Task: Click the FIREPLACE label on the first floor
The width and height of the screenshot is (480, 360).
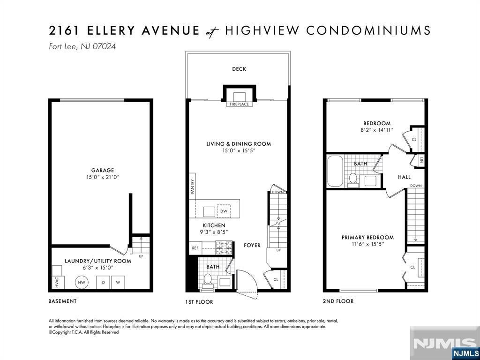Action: click(x=240, y=104)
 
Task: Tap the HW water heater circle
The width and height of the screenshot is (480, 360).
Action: click(x=82, y=282)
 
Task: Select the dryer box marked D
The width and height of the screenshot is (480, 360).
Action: click(x=104, y=282)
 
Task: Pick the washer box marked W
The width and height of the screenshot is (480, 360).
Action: click(x=118, y=282)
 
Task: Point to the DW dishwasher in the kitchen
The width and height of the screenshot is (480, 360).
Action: click(x=224, y=211)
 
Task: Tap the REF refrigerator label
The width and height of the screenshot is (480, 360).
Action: click(x=195, y=248)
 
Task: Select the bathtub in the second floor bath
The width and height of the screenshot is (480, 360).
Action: click(x=335, y=171)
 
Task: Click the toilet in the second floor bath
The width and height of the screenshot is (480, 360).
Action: click(x=353, y=180)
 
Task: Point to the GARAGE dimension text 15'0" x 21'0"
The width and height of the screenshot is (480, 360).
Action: click(x=103, y=177)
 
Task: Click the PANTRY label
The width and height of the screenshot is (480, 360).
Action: click(x=193, y=187)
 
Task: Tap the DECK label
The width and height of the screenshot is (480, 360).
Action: click(x=239, y=69)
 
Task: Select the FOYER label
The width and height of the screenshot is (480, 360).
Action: click(x=252, y=245)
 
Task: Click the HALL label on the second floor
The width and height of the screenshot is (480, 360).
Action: click(x=404, y=177)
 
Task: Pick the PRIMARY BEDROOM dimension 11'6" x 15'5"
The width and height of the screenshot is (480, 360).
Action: click(x=367, y=244)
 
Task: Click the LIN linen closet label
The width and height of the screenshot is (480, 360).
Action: click(x=421, y=160)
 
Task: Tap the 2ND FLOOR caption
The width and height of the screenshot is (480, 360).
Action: click(x=338, y=301)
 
